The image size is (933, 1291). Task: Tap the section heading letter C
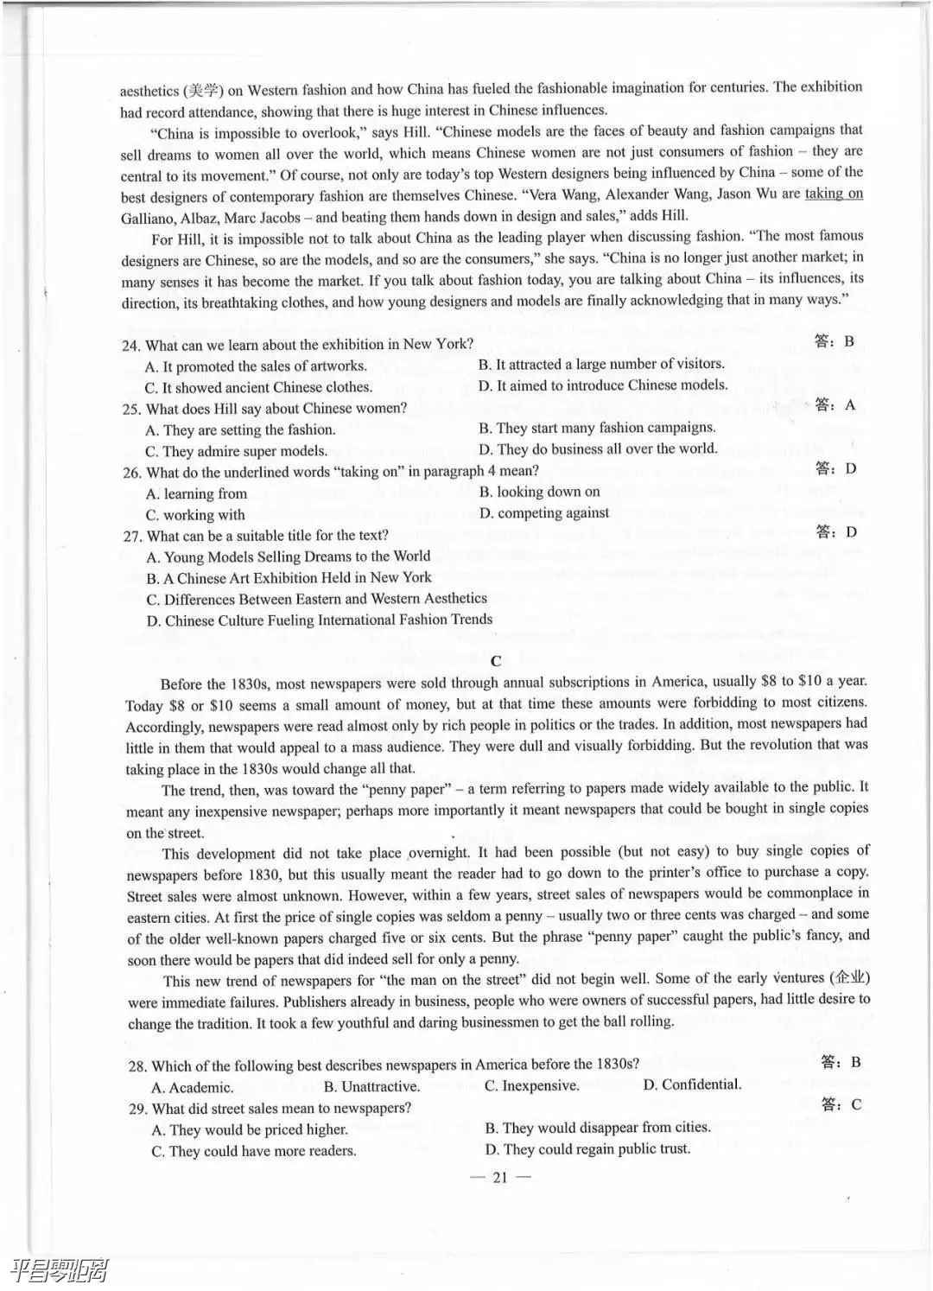click(495, 661)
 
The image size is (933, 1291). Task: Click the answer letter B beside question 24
click(849, 341)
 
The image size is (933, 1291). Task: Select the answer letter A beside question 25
click(849, 405)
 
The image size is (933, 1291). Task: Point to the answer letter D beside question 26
click(850, 468)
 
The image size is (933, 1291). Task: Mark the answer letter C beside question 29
click(856, 1104)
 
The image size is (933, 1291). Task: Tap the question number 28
click(137, 1065)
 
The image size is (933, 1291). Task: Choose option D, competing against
click(544, 513)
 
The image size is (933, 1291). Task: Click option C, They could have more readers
click(253, 1150)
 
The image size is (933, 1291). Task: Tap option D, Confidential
click(692, 1084)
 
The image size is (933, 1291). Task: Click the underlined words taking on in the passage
click(834, 194)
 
